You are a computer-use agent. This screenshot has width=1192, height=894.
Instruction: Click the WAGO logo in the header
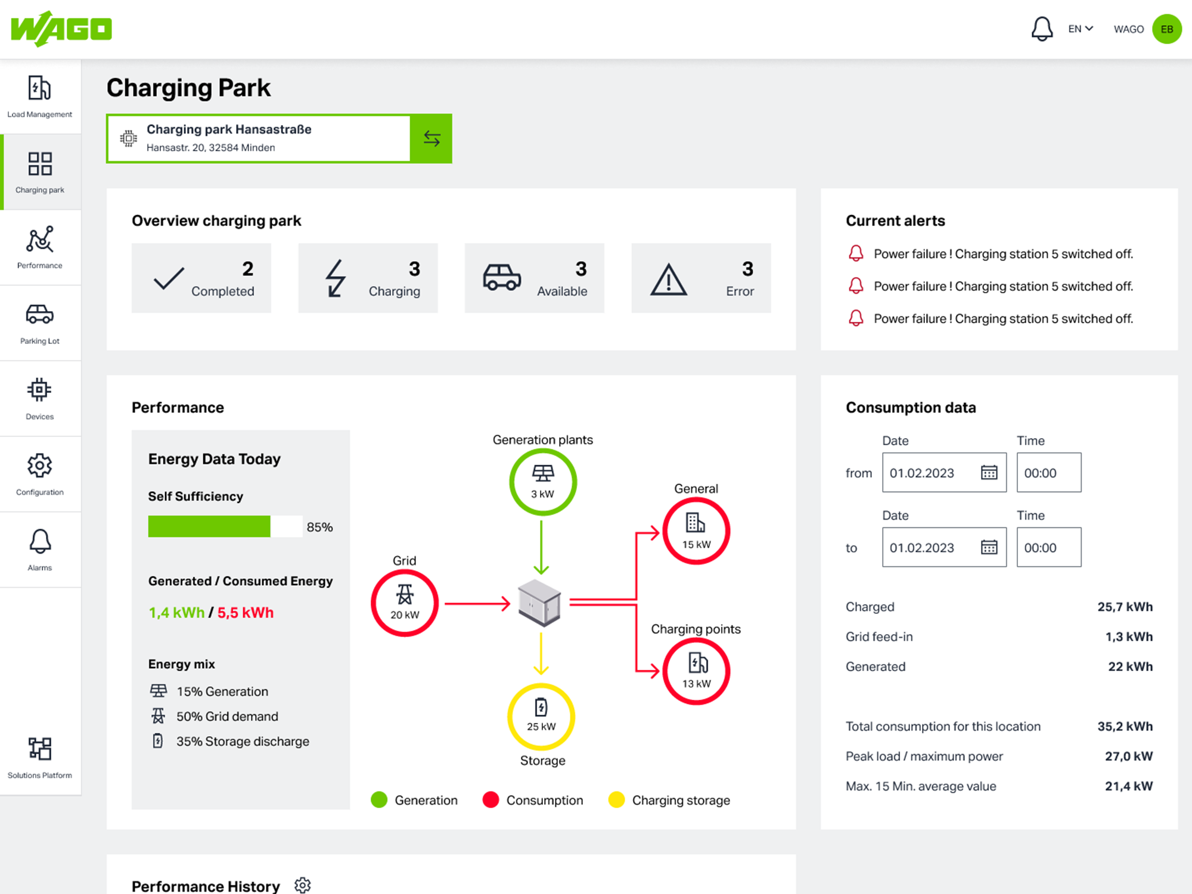pyautogui.click(x=61, y=29)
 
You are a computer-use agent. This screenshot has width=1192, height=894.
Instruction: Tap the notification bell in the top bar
pyautogui.click(x=1042, y=29)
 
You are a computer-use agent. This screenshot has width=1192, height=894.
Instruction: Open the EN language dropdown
pyautogui.click(x=1081, y=29)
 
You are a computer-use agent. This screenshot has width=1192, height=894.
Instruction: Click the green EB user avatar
pyautogui.click(x=1166, y=29)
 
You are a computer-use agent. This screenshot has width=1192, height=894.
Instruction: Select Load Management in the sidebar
pyautogui.click(x=40, y=97)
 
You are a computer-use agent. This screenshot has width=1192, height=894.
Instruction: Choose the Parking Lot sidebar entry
pyautogui.click(x=40, y=323)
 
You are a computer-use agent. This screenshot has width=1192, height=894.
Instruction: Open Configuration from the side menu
pyautogui.click(x=40, y=474)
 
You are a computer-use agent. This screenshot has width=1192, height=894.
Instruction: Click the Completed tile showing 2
pyautogui.click(x=201, y=278)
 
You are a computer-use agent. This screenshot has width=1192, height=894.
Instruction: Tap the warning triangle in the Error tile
pyautogui.click(x=668, y=280)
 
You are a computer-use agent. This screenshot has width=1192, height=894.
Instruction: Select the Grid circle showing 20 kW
pyautogui.click(x=405, y=603)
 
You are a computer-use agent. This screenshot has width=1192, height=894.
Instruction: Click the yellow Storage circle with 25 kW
pyautogui.click(x=541, y=716)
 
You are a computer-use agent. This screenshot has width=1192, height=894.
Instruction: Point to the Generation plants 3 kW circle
pyautogui.click(x=543, y=482)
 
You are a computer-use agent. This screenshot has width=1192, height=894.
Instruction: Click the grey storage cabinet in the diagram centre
pyautogui.click(x=539, y=603)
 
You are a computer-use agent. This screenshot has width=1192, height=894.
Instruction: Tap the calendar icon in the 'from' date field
pyautogui.click(x=989, y=473)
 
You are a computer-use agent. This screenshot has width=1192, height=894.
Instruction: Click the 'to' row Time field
pyautogui.click(x=1049, y=547)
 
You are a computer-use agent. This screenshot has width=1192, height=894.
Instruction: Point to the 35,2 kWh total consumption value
pyautogui.click(x=1125, y=726)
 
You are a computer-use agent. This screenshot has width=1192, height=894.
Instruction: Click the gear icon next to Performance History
pyautogui.click(x=303, y=885)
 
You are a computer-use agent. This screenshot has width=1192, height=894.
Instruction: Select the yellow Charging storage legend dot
pyautogui.click(x=616, y=800)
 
